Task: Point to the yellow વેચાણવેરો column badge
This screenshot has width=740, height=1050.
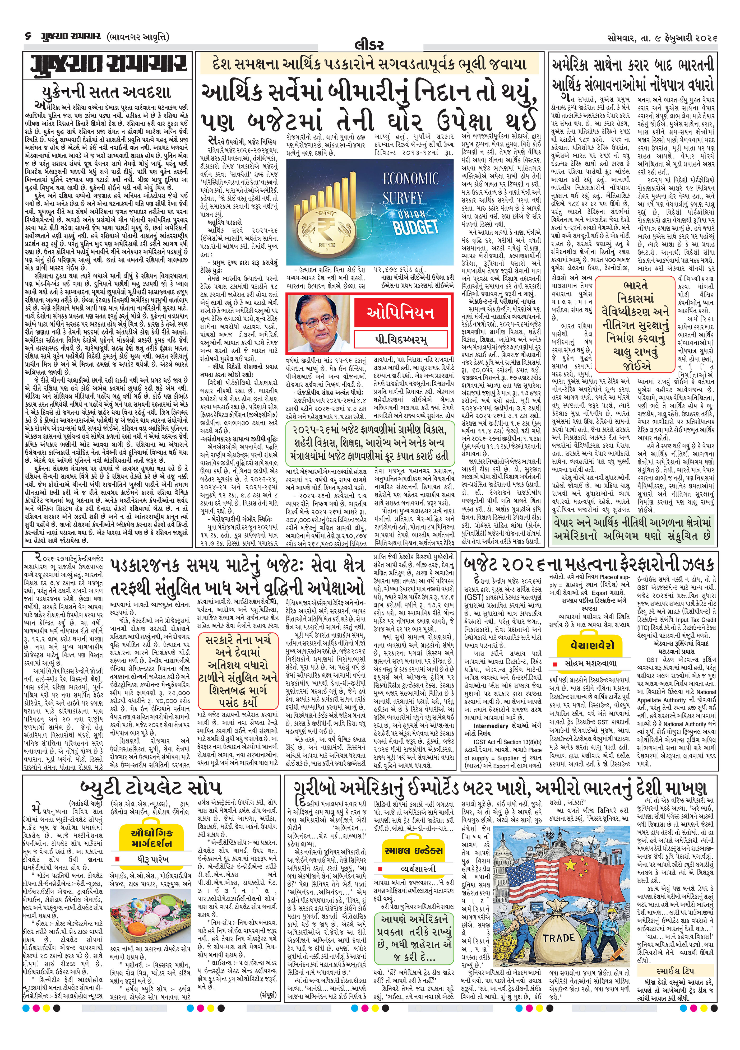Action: pyautogui.click(x=592, y=645)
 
